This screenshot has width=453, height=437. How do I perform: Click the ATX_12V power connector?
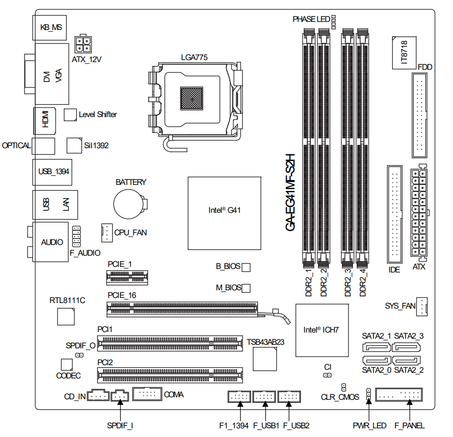point(83,44)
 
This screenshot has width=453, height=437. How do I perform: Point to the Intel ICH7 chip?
point(321,330)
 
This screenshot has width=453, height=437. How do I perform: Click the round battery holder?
point(128,204)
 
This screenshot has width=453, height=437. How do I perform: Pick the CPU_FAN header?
point(106,233)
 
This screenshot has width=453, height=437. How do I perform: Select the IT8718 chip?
point(403,52)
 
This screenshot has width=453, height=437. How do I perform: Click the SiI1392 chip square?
point(75,145)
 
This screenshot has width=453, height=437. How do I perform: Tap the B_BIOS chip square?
point(246,267)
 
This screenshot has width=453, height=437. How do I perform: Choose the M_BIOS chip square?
point(246,288)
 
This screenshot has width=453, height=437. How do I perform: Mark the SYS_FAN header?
point(423,306)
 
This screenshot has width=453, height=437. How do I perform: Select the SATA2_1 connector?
point(377,348)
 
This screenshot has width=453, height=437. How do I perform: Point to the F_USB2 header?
point(289,396)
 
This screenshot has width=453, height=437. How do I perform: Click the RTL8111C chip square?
point(65,316)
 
